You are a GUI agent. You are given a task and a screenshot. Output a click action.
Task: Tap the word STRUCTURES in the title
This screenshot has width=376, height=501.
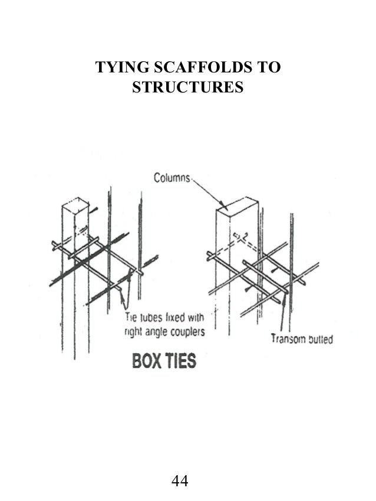point(188,88)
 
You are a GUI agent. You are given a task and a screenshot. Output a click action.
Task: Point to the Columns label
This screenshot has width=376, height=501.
point(172,177)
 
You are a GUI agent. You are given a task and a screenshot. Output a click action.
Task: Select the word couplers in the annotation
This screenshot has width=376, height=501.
point(184,332)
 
